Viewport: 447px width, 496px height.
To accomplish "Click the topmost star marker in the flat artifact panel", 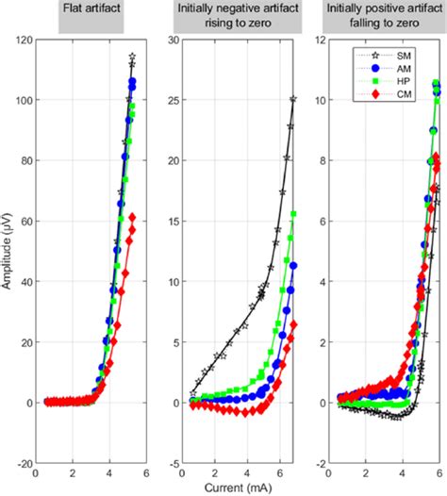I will click(132, 56).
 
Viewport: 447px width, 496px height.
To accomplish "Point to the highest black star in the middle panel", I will click(293, 99).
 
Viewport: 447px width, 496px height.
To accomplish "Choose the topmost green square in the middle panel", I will click(293, 214).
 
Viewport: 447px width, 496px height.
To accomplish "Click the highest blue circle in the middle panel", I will click(293, 266).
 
